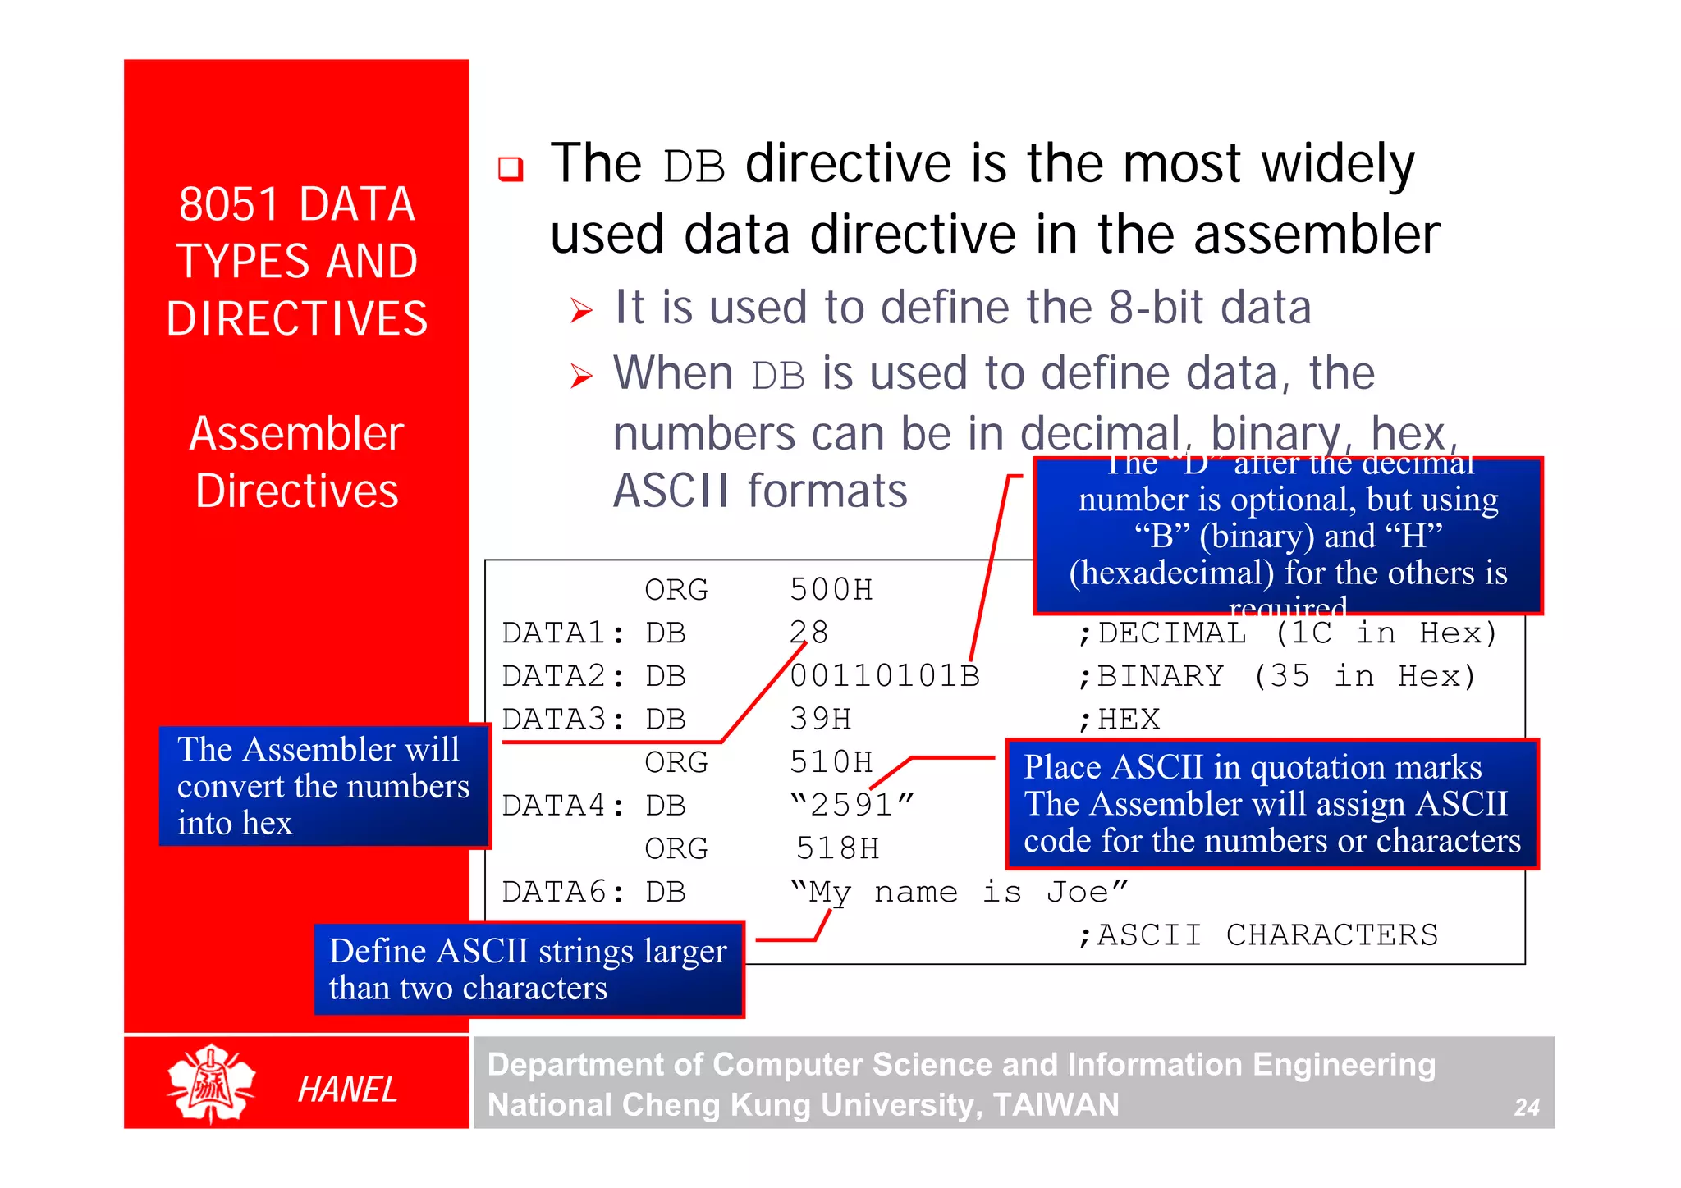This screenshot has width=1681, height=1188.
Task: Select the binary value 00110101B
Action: click(884, 676)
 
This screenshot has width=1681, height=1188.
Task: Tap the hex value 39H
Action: click(820, 720)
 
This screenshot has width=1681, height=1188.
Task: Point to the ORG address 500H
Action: click(831, 590)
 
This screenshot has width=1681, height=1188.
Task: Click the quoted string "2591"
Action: click(851, 805)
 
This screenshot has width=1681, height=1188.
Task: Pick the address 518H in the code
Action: click(837, 848)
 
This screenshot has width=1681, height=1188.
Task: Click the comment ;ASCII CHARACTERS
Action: click(1258, 935)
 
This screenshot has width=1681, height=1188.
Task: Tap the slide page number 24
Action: click(1526, 1108)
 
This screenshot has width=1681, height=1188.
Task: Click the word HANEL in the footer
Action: click(347, 1090)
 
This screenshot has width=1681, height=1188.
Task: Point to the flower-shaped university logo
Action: click(211, 1083)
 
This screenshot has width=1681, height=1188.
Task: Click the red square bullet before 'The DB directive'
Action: click(511, 169)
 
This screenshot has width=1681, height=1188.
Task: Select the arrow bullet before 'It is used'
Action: click(581, 310)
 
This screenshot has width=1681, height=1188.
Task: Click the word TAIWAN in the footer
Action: click(1056, 1105)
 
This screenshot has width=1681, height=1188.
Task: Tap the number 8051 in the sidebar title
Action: click(228, 204)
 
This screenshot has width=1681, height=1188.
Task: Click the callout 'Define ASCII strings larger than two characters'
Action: click(529, 969)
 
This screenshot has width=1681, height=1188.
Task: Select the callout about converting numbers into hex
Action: click(324, 786)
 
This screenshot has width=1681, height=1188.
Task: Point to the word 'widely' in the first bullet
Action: click(1338, 164)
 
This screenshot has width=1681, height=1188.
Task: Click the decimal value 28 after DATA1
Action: click(808, 633)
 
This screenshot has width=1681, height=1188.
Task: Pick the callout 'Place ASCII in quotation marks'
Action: click(1271, 804)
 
